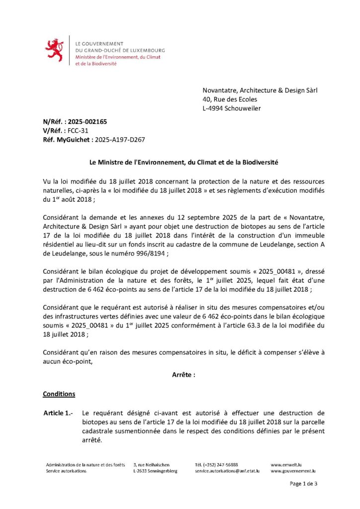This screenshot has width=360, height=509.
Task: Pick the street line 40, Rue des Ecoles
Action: [x=230, y=99]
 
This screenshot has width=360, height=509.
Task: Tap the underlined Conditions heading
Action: [x=59, y=394]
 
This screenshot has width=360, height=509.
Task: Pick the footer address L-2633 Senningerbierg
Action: [x=155, y=471]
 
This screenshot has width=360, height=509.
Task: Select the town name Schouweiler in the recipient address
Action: [x=243, y=108]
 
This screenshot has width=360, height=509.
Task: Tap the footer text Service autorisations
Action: [x=66, y=471]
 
